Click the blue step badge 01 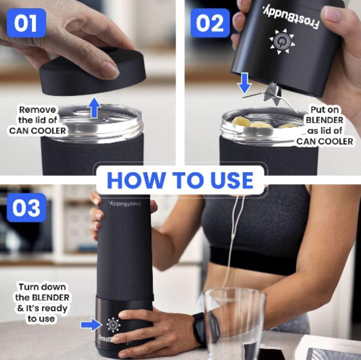(x=26, y=23)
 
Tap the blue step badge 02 (x=210, y=23)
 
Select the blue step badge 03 (x=26, y=208)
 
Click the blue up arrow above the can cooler (x=95, y=107)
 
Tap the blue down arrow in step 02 (x=244, y=83)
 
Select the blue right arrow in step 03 (x=91, y=325)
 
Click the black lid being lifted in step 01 (x=92, y=73)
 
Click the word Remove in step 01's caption (x=37, y=110)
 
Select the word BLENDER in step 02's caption (x=325, y=120)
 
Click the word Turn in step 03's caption (x=28, y=287)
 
